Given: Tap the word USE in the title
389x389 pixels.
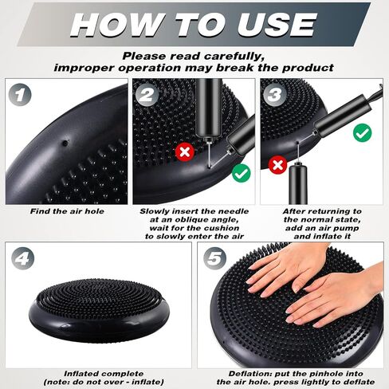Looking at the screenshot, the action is click(277, 24).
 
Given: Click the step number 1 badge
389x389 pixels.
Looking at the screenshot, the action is click(19, 95).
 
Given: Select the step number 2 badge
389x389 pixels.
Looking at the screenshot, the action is click(147, 95).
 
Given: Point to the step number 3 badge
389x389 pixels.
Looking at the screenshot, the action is click(274, 95).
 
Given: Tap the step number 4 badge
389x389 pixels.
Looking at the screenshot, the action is click(23, 258).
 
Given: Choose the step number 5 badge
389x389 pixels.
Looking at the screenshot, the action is click(215, 258).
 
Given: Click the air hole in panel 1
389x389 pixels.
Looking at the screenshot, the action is click(65, 143).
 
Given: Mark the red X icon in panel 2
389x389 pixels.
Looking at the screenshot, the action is click(185, 152).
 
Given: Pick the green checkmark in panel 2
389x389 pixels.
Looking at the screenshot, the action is click(242, 173).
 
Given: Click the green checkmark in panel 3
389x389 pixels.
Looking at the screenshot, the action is click(363, 133).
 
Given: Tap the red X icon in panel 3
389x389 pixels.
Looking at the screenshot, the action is click(277, 165).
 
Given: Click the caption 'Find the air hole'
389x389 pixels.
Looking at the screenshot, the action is click(67, 211).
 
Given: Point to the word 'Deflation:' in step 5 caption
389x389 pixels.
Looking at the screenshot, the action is click(250, 374).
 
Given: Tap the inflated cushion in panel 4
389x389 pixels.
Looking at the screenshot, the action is click(99, 310).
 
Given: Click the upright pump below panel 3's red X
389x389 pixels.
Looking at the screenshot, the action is click(298, 184).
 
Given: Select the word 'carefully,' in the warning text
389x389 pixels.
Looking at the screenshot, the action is click(234, 57).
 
